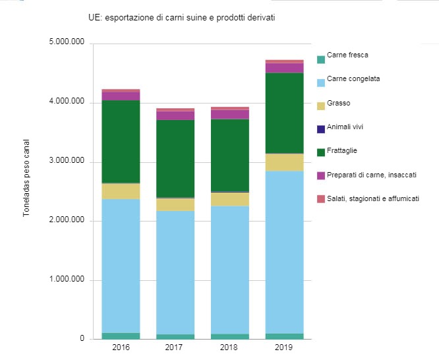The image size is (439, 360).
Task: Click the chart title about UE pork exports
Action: pos(181,18)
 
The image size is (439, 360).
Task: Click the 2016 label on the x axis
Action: pos(121,347)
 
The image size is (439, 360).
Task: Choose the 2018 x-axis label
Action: pos(230,347)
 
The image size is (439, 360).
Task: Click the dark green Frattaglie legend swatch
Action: pos(321,152)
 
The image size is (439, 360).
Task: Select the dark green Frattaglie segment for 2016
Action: pos(121,141)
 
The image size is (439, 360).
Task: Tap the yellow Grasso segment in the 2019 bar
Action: pos(284,162)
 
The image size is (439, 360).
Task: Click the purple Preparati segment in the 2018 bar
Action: pos(230,114)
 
